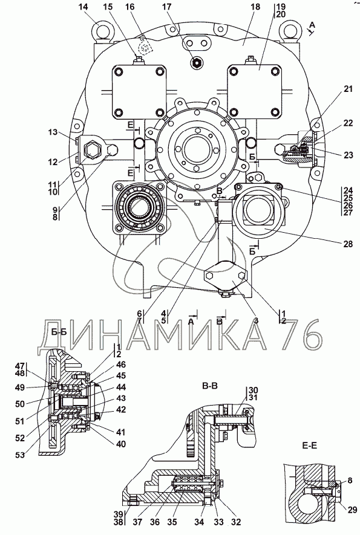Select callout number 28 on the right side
348,244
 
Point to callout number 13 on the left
53,132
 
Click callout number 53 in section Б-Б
20,455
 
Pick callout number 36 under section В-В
155,522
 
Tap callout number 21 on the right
348,89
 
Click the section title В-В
210,386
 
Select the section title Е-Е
309,446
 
